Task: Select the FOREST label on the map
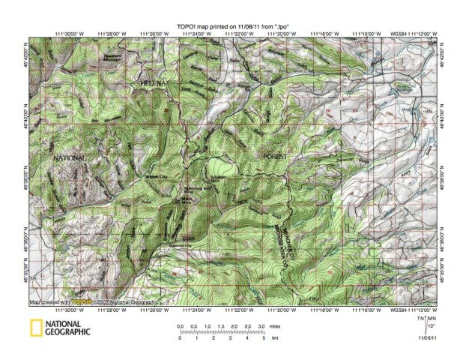276,154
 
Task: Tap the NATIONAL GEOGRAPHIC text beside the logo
68,328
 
